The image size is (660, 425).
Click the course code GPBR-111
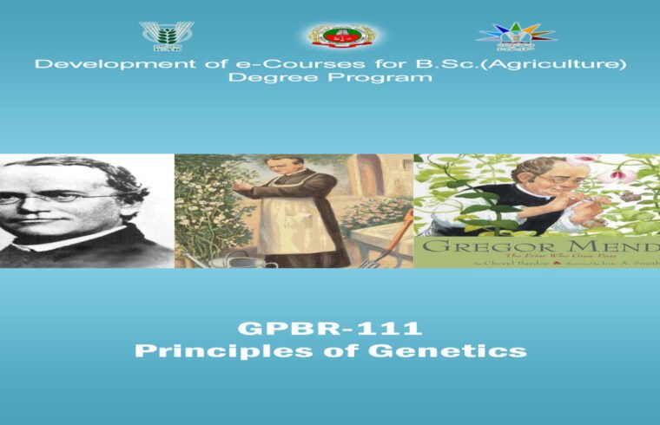(329, 329)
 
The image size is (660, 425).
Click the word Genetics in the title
(452, 351)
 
